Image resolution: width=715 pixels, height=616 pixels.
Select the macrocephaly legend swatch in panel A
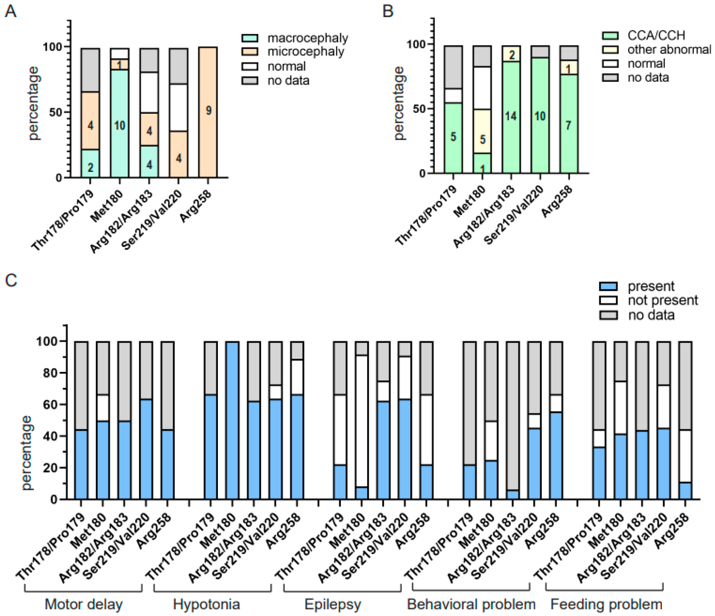(250, 38)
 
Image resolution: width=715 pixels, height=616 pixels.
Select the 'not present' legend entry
(663, 300)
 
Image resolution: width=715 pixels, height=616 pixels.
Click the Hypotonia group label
(206, 604)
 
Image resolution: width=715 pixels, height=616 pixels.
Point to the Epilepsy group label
(333, 604)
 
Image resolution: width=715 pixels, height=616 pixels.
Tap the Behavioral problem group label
(471, 604)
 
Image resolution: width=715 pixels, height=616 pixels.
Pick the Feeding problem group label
(606, 604)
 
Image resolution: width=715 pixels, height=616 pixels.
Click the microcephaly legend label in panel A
(306, 52)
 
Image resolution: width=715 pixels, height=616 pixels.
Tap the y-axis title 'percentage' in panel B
(399, 104)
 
